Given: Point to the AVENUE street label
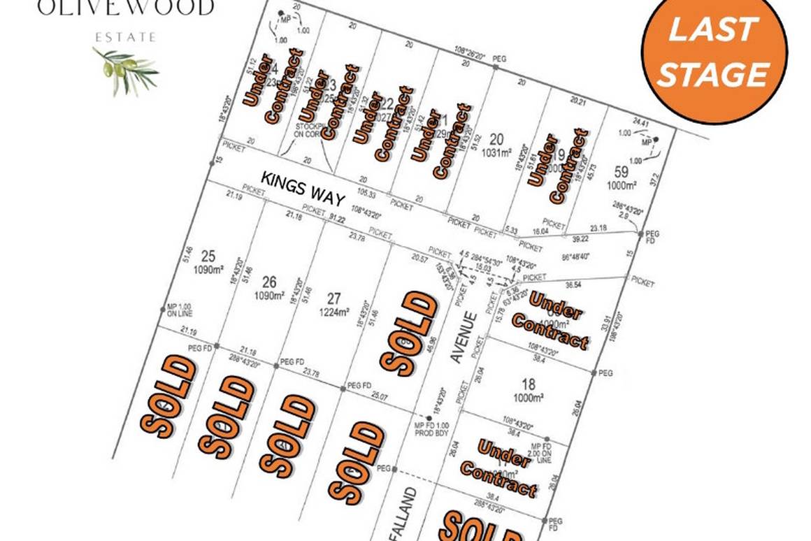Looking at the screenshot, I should click(x=464, y=338).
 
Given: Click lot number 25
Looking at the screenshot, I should click(x=208, y=255).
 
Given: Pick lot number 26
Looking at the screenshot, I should click(x=269, y=282).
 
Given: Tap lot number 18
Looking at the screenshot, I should click(x=529, y=383).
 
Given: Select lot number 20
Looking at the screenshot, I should click(x=497, y=138).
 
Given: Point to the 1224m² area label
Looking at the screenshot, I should click(x=333, y=312).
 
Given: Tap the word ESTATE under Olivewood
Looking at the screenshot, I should click(x=127, y=37).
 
